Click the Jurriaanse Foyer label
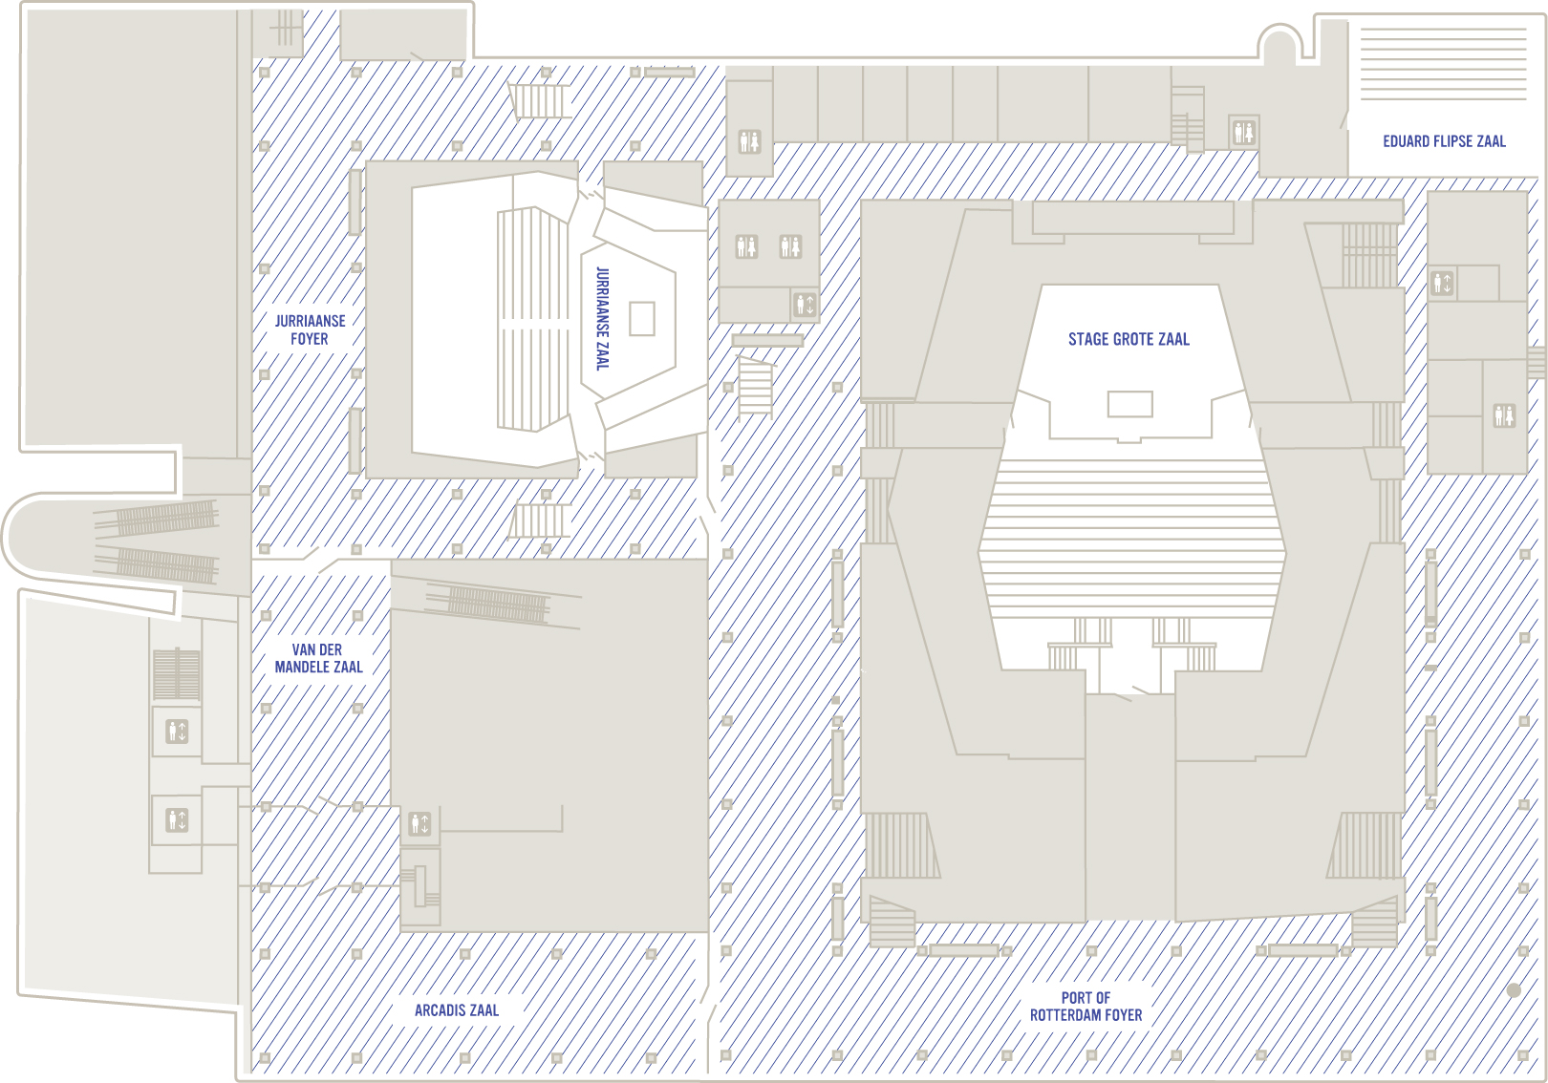click(x=310, y=330)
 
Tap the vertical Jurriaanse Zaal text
click(x=603, y=318)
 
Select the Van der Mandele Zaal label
click(x=318, y=658)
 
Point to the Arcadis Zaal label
click(x=457, y=1010)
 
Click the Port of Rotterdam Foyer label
click(x=1086, y=1007)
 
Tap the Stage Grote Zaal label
click(x=1129, y=339)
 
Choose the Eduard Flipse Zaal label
click(x=1444, y=141)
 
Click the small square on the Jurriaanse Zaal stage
click(x=642, y=319)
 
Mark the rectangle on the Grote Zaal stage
click(x=1129, y=404)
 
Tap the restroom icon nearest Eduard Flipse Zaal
click(x=1243, y=131)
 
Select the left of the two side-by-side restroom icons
click(x=746, y=246)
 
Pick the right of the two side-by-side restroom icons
click(x=790, y=246)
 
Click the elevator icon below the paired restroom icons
click(x=805, y=305)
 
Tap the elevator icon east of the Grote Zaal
click(x=1442, y=284)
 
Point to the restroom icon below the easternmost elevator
click(x=1504, y=415)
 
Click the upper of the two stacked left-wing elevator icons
click(x=177, y=732)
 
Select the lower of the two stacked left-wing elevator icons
click(x=177, y=820)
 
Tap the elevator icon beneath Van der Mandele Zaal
click(x=419, y=824)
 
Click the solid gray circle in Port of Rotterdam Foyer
click(x=1514, y=990)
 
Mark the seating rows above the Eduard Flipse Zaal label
click(x=1443, y=64)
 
